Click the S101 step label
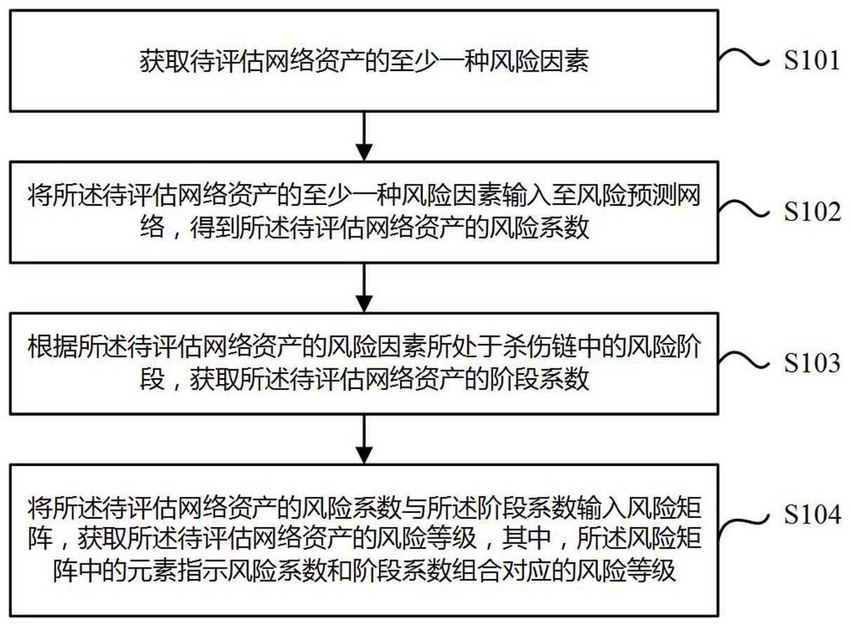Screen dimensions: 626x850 click(x=811, y=61)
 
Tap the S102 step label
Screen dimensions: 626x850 click(x=811, y=211)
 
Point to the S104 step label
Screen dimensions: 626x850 click(x=811, y=517)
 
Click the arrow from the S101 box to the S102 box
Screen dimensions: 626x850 click(x=362, y=135)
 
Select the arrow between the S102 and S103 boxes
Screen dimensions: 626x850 click(x=362, y=287)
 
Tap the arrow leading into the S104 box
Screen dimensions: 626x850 click(x=362, y=438)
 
